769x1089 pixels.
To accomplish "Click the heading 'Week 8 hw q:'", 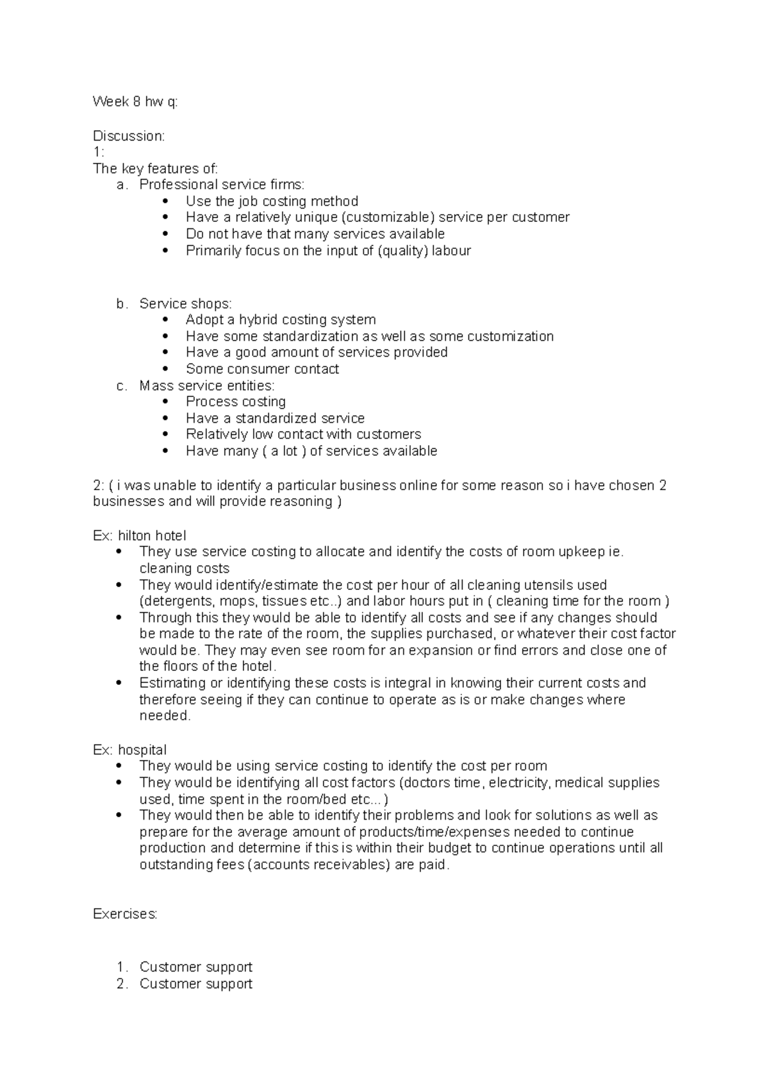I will (135, 102).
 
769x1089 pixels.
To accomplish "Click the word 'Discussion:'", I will (129, 136).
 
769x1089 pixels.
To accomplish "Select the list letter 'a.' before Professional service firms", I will (122, 185).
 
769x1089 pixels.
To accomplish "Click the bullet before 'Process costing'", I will (167, 402).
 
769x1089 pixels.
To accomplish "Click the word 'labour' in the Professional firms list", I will (451, 251).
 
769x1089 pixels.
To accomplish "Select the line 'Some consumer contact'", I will (262, 369).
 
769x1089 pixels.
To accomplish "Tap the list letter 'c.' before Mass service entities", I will (122, 386).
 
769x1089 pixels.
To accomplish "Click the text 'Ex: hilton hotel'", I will (139, 536).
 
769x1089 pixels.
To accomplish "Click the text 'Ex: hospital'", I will (129, 750).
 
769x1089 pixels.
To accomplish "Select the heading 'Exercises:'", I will (125, 914).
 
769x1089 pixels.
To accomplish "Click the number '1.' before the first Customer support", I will (122, 967).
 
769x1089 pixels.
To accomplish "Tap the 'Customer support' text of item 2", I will (195, 984).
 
